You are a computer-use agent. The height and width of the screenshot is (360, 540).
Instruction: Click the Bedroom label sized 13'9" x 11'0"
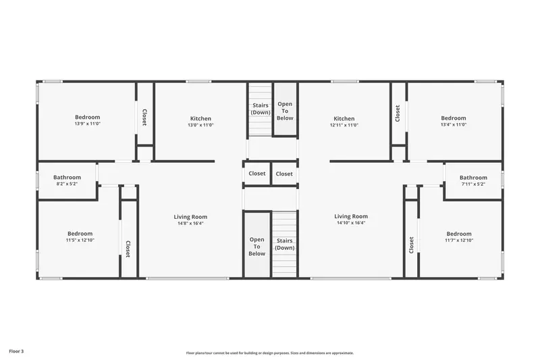coord(88,117)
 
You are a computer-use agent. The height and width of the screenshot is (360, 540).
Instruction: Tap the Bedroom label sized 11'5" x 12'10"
coord(80,234)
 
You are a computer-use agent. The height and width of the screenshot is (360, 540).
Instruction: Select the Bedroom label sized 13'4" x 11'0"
coord(454,118)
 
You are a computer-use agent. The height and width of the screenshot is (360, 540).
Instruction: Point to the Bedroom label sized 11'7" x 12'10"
coord(459,234)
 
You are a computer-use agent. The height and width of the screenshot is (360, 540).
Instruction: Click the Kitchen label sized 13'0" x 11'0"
coord(200,118)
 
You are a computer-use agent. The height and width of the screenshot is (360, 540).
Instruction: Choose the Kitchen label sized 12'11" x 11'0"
coord(344,118)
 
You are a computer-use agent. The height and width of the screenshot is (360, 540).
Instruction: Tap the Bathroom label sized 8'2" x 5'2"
coord(67,178)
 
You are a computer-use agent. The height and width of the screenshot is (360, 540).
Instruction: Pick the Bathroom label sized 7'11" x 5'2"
coord(474,178)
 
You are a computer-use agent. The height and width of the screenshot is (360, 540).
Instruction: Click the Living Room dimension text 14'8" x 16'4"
coord(190,224)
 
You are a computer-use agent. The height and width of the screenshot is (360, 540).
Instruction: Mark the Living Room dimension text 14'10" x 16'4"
coord(351,223)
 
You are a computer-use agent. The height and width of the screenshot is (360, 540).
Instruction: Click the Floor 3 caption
coord(16,351)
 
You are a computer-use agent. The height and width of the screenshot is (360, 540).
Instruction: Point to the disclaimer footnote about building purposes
coord(269,353)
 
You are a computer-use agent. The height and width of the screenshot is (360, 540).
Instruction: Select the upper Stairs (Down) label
coord(261,109)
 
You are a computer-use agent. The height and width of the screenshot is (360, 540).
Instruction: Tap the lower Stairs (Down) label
coord(284,245)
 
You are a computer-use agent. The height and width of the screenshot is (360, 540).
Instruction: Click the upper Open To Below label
coord(285,111)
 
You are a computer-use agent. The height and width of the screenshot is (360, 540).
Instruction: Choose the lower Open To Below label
coord(257,247)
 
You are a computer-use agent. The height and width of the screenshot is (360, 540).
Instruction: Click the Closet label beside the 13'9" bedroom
coord(144,117)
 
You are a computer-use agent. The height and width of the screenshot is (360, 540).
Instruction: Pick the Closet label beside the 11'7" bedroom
coord(411,245)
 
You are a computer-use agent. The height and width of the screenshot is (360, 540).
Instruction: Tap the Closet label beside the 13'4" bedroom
coord(398,113)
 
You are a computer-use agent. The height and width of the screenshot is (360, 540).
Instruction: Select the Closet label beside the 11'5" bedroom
coord(128,249)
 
